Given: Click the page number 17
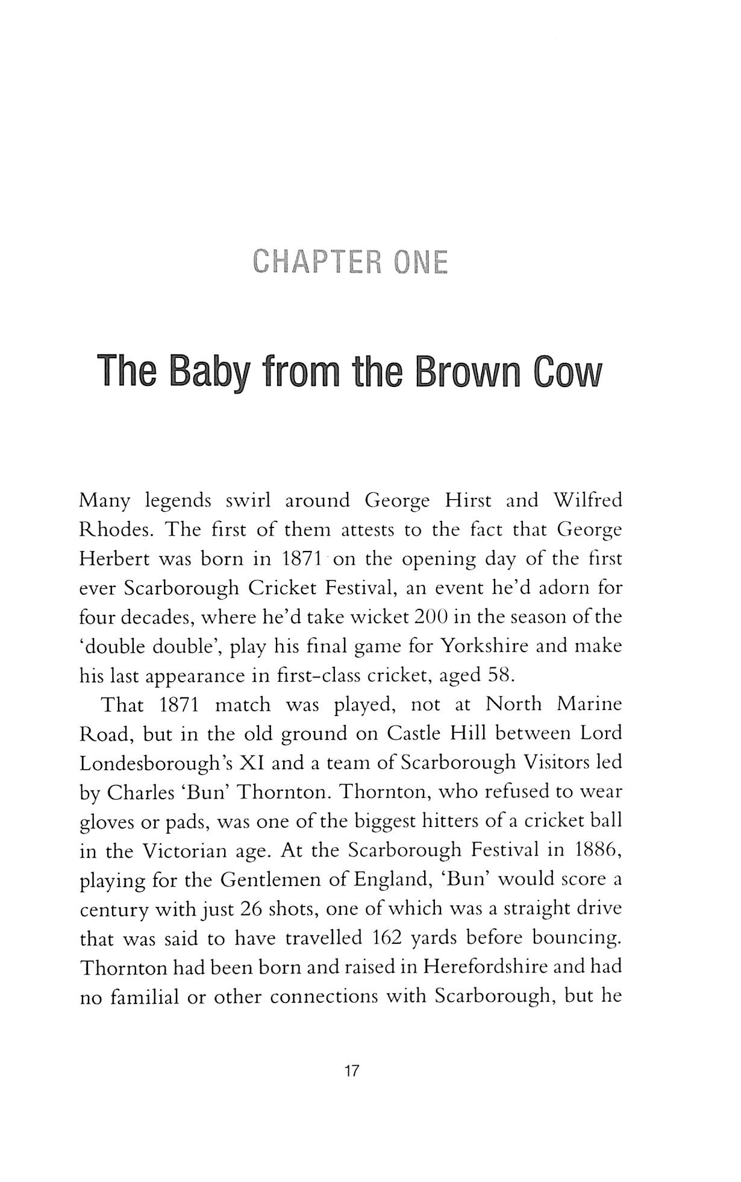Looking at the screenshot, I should pos(351,1071).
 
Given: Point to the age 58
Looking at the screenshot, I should pos(502,675).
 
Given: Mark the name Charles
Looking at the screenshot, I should pos(136,792).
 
